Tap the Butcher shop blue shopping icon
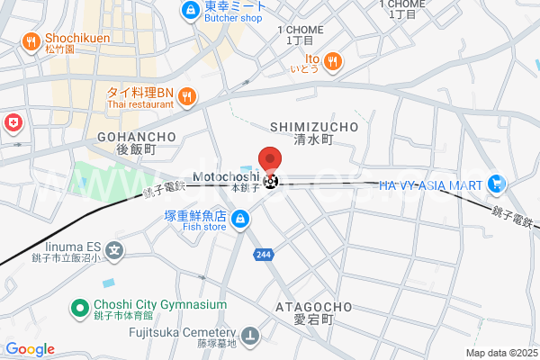[x=190, y=10]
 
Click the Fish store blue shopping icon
[x=240, y=219]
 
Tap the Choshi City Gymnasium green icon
[x=78, y=308]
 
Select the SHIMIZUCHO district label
[x=313, y=127]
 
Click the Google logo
[x=30, y=349]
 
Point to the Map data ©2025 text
[x=499, y=353]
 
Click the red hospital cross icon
[x=13, y=122]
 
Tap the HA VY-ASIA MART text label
[x=428, y=184]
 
